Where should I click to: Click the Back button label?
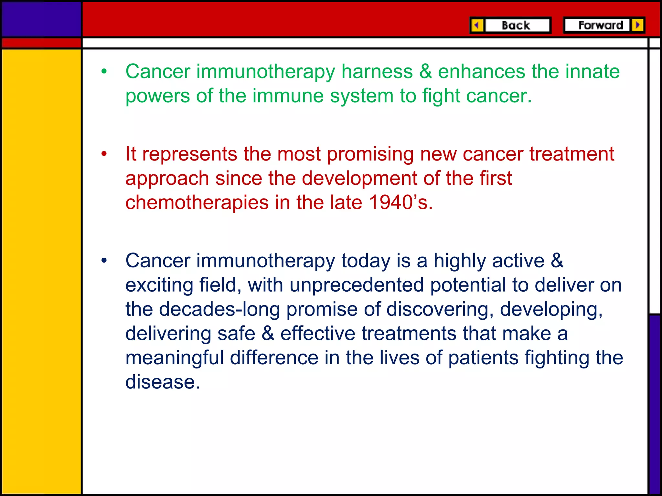coord(516,25)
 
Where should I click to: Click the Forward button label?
coord(601,25)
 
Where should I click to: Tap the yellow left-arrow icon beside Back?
coord(477,25)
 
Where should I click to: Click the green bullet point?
coord(104,72)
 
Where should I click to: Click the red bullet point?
coord(104,154)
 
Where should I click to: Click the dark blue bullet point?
coord(104,261)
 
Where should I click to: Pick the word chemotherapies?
coord(197,202)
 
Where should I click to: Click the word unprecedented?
coord(356,285)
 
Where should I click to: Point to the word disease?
coord(163,382)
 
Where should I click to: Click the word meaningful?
coord(175,358)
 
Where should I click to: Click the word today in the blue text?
coord(366,261)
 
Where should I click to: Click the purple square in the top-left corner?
coord(41,19)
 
